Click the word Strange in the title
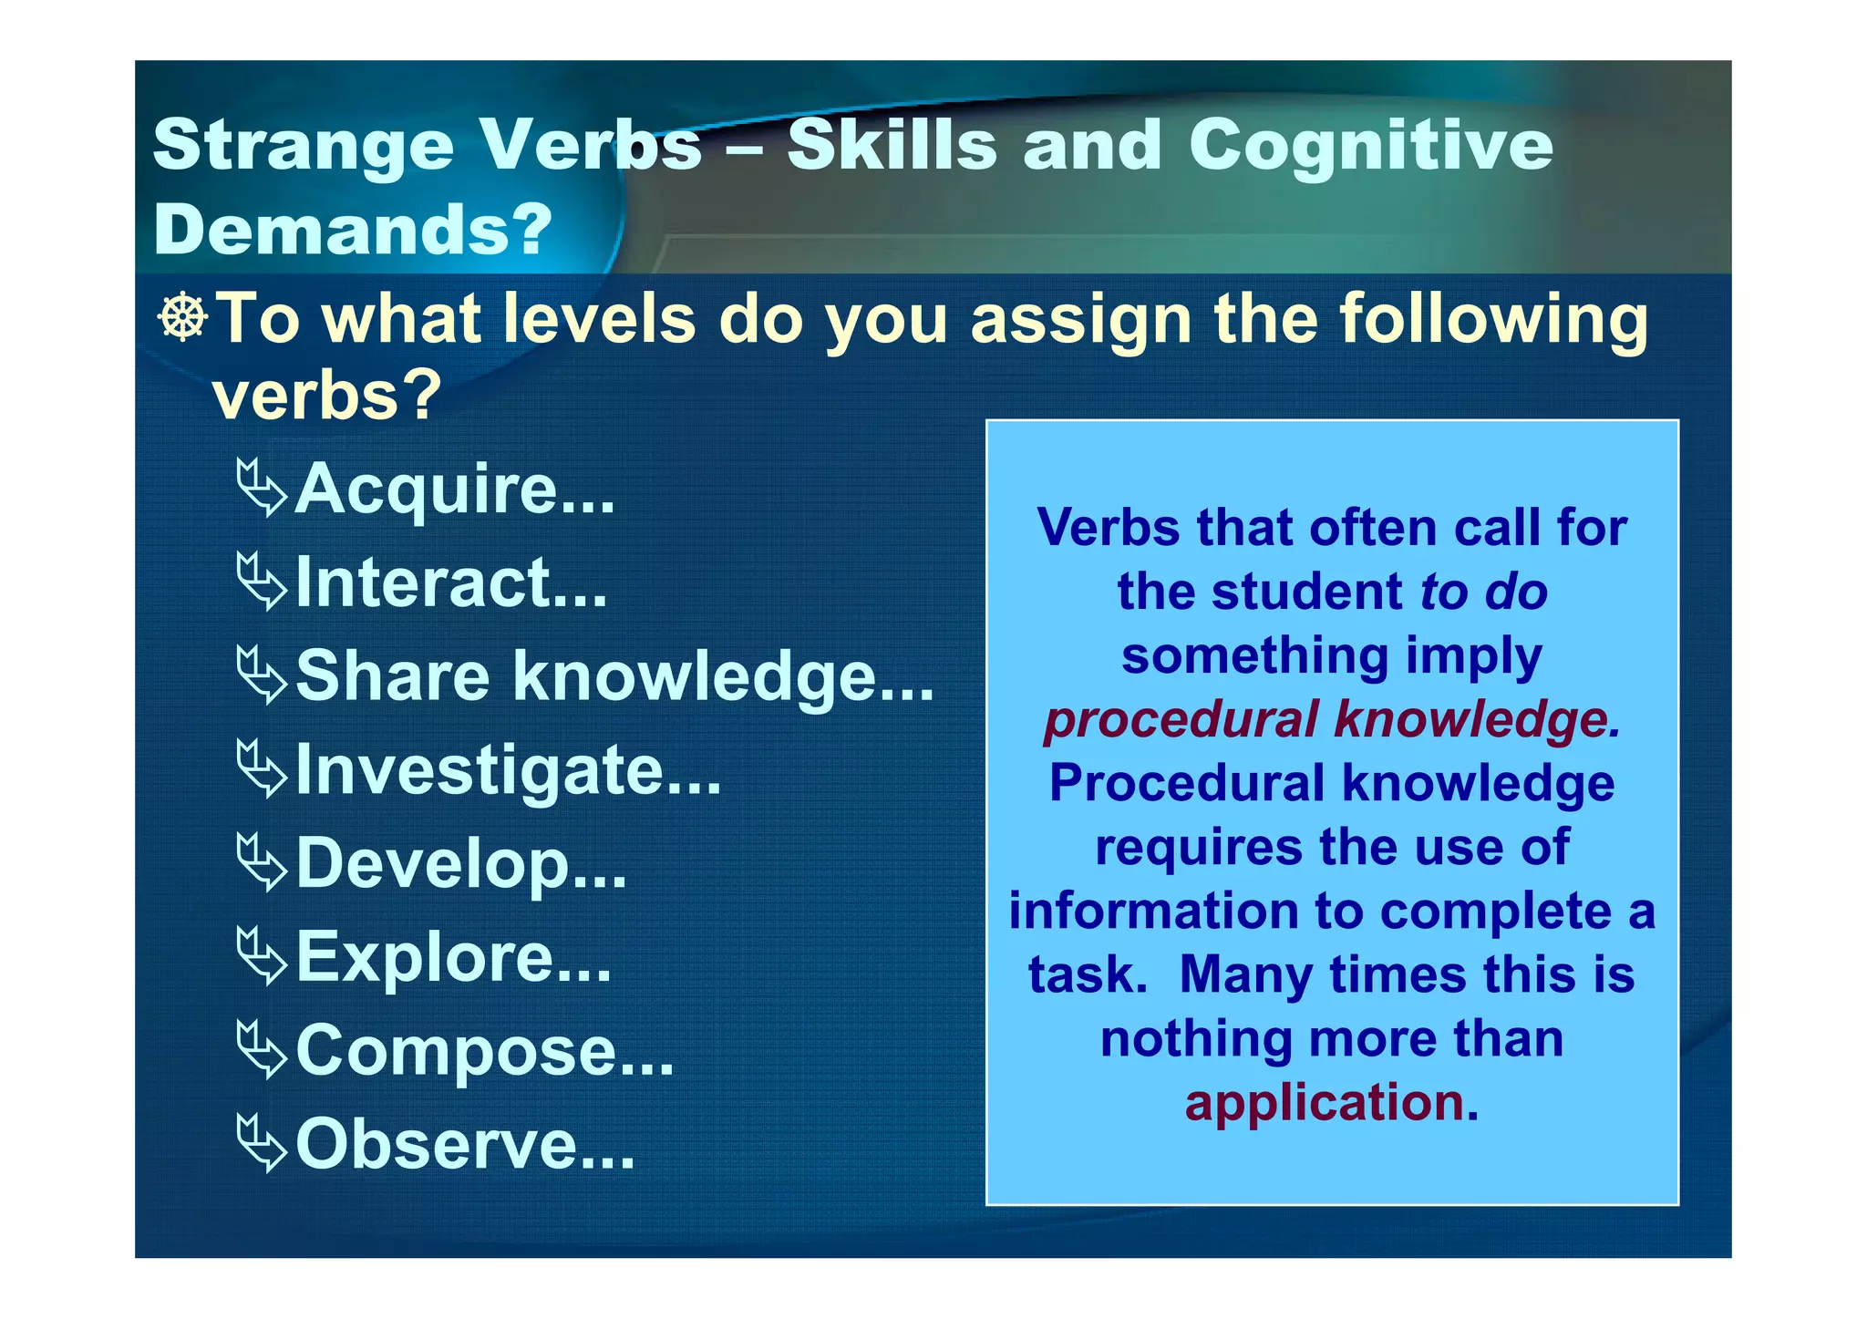(x=303, y=146)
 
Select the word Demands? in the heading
(x=353, y=228)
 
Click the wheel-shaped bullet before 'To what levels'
(x=183, y=318)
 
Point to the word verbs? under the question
(x=326, y=395)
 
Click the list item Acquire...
(x=453, y=489)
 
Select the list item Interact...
(x=450, y=582)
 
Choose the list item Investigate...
(x=508, y=770)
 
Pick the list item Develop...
(x=461, y=863)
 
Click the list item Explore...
(x=453, y=957)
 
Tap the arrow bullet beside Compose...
(x=262, y=1050)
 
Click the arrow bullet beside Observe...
(x=262, y=1144)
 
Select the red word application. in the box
(x=1331, y=1101)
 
